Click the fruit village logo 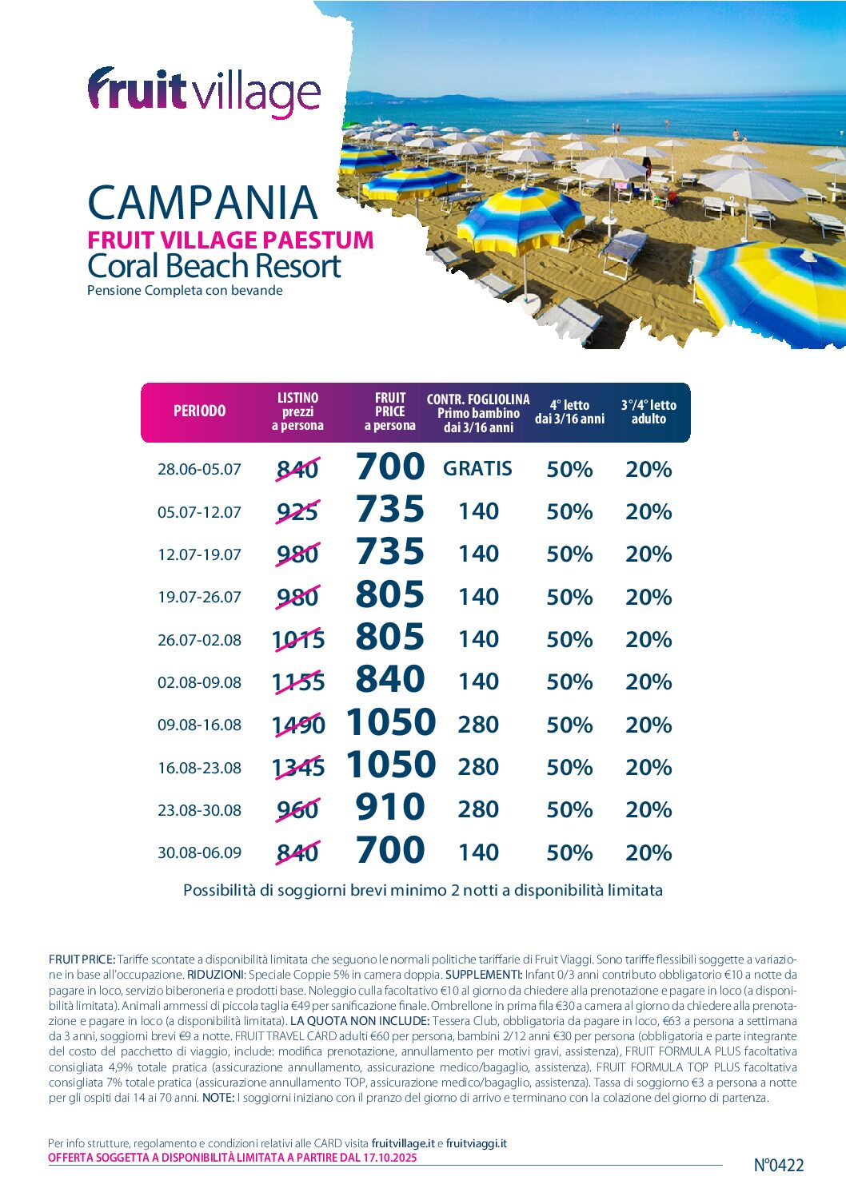coord(204,93)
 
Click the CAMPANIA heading coord(202,203)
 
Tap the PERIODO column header coord(200,411)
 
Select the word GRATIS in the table coord(477,469)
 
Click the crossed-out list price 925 coord(297,511)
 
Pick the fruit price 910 coord(390,808)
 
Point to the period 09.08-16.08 coord(199,725)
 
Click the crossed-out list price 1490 coord(298,725)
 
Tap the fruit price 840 coord(390,680)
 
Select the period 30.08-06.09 coord(199,853)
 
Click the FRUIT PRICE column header coord(390,411)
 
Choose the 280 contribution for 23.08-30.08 coord(478,809)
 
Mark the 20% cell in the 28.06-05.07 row coord(648,470)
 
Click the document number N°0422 coord(778,1166)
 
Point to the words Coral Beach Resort coord(214,266)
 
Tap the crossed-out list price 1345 coord(298,768)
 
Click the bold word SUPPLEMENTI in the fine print coord(483,975)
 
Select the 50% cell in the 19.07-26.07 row coord(569,598)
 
